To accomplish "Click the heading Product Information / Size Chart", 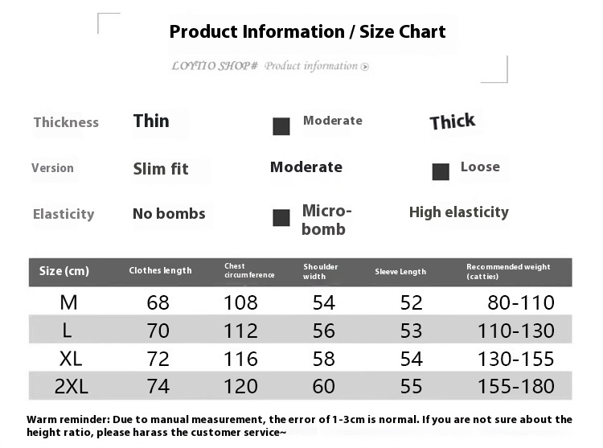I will click(x=307, y=32).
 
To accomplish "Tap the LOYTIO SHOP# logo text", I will click(x=214, y=66).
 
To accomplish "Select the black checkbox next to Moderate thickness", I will click(x=281, y=126).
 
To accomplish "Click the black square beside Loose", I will click(x=441, y=171).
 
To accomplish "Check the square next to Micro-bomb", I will click(x=281, y=218).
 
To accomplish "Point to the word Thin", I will click(x=151, y=121).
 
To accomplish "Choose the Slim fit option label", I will click(x=161, y=169).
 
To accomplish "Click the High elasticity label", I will click(x=458, y=212).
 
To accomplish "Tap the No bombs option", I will click(x=169, y=214).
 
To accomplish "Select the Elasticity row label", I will click(x=64, y=214).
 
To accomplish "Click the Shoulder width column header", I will click(x=321, y=271).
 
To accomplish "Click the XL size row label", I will click(x=71, y=358).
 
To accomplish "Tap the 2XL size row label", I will click(x=71, y=386).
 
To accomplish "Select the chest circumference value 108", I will click(x=240, y=303).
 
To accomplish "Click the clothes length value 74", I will click(x=158, y=386).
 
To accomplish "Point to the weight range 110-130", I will click(x=515, y=331).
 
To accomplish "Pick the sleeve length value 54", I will click(x=412, y=358).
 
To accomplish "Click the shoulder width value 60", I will click(x=324, y=386).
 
